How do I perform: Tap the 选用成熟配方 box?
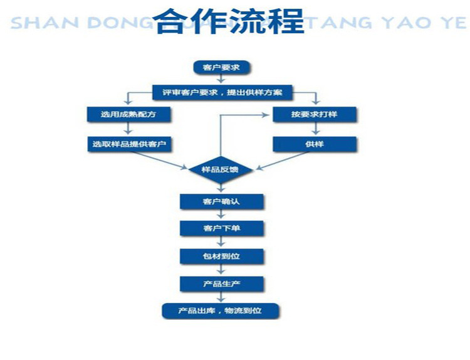pos(128,115)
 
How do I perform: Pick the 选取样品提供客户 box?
pos(128,144)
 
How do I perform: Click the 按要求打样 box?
pos(314,115)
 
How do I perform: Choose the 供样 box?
pos(314,144)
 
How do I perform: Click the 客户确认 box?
pos(221,201)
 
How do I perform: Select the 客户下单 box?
pos(221,228)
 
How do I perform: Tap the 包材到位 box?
pos(221,257)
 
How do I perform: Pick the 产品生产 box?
pos(221,284)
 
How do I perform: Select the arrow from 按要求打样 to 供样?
pos(314,130)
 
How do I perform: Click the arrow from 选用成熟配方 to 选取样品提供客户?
pos(128,130)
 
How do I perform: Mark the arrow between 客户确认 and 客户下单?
pos(221,215)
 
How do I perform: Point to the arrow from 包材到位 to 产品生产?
pos(221,270)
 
